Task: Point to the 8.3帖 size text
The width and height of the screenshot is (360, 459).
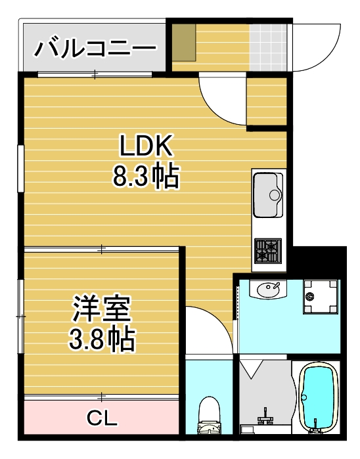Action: [146, 176]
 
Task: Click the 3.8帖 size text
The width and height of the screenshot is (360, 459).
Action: [102, 339]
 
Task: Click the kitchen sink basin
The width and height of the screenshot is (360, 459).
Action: [267, 194]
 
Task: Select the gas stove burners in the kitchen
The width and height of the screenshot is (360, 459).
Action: [268, 250]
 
